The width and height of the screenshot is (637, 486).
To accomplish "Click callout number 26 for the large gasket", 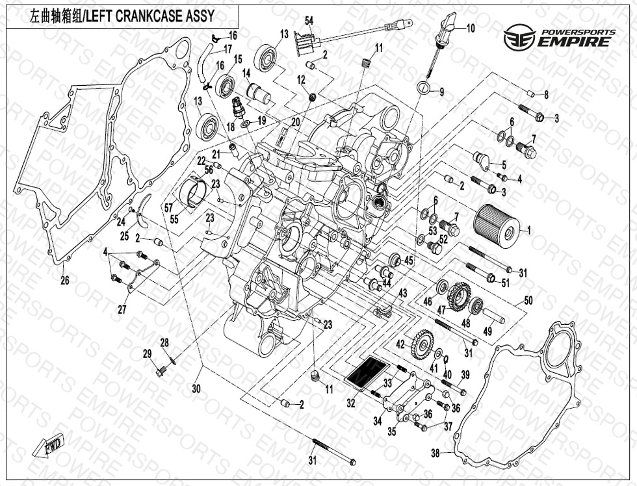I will click(65, 281).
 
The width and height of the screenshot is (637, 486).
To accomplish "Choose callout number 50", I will click(528, 300).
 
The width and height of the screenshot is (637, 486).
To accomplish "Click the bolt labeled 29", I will click(162, 372).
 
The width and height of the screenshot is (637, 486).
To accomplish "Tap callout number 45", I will click(409, 261).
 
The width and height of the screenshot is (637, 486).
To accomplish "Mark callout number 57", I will click(168, 208).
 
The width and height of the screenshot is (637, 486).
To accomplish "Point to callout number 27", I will click(122, 310).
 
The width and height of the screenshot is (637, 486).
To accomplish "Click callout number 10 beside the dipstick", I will click(471, 28).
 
